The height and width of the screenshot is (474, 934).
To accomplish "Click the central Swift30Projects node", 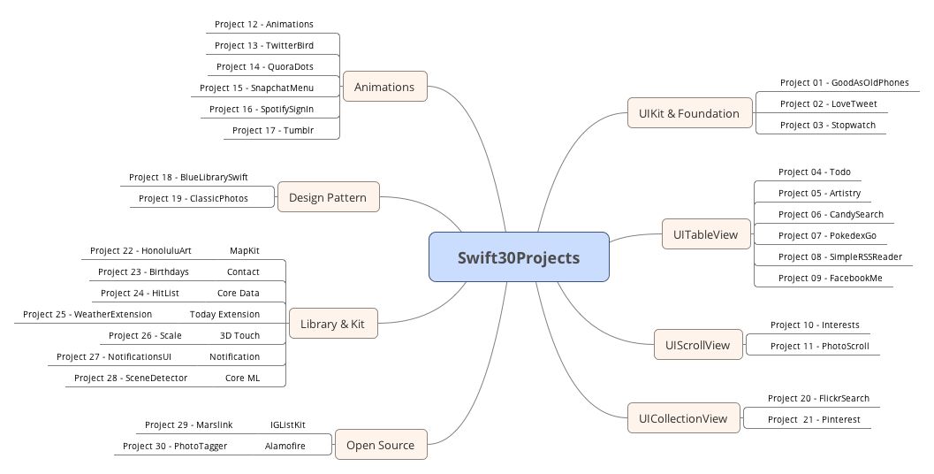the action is pyautogui.click(x=519, y=257).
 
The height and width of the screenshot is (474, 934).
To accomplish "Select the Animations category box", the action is pyautogui.click(x=384, y=87).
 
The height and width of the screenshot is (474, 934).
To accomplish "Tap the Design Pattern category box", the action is pyautogui.click(x=328, y=196).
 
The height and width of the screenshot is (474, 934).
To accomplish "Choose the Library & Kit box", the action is pyautogui.click(x=333, y=324).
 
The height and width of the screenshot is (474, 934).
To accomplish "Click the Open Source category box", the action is pyautogui.click(x=381, y=445).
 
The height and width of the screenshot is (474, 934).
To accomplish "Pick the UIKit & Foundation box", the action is pyautogui.click(x=690, y=113).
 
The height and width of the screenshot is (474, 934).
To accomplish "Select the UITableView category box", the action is pyautogui.click(x=706, y=234).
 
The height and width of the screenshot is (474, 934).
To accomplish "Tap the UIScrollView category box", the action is pyautogui.click(x=698, y=345).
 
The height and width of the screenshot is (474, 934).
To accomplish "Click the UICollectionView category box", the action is pyautogui.click(x=684, y=418).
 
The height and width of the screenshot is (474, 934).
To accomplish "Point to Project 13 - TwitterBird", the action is pyautogui.click(x=264, y=45).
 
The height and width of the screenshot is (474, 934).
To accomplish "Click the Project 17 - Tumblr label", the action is pyautogui.click(x=273, y=130).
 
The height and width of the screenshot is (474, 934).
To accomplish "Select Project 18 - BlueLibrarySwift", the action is pyautogui.click(x=188, y=177).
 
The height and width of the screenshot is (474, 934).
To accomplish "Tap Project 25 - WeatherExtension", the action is pyautogui.click(x=87, y=314).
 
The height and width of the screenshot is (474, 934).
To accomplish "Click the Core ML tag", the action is pyautogui.click(x=242, y=378).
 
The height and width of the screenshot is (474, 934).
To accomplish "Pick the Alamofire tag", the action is pyautogui.click(x=285, y=446).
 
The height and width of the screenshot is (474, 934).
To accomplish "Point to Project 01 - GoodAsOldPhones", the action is pyautogui.click(x=845, y=82).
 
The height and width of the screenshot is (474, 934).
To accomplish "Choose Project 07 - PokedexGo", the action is pyautogui.click(x=827, y=235).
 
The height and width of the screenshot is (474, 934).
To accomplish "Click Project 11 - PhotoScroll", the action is pyautogui.click(x=820, y=346).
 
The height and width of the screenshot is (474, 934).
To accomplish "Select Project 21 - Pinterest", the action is pyautogui.click(x=814, y=419).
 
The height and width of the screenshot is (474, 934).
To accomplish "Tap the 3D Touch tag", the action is pyautogui.click(x=239, y=335).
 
